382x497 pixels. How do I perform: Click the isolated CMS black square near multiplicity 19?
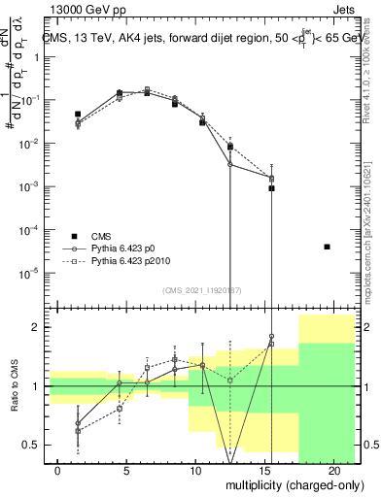coord(328,247)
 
